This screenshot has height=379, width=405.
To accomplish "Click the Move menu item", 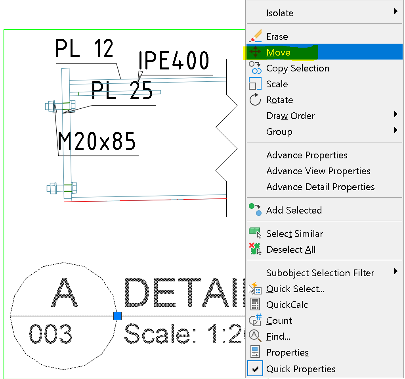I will click(278, 52).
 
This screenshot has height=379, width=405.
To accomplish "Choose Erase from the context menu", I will click(277, 37).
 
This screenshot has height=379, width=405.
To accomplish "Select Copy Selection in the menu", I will click(298, 68).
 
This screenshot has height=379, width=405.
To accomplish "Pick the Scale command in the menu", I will click(277, 84).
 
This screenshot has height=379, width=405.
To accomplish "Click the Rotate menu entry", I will click(279, 100).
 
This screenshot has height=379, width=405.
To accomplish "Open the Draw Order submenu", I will click(290, 116).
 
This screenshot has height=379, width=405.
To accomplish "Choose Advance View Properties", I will click(318, 171).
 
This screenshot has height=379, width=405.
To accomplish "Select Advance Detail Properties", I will click(320, 187).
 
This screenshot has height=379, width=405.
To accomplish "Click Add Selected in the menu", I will click(294, 210).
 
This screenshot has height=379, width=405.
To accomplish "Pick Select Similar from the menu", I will click(294, 234).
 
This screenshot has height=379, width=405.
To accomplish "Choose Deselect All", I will click(291, 250).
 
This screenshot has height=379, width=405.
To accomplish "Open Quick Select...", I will click(295, 289).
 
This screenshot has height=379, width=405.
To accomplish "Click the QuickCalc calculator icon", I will click(255, 305).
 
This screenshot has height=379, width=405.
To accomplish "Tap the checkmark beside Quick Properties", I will click(255, 369).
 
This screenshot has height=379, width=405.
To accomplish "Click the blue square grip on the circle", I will click(117, 316).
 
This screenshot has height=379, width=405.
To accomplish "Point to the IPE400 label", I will click(174, 61).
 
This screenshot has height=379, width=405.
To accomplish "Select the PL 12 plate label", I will click(84, 49).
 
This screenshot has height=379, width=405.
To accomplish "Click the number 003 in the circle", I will click(51, 334).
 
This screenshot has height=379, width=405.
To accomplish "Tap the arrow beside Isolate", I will click(395, 12).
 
